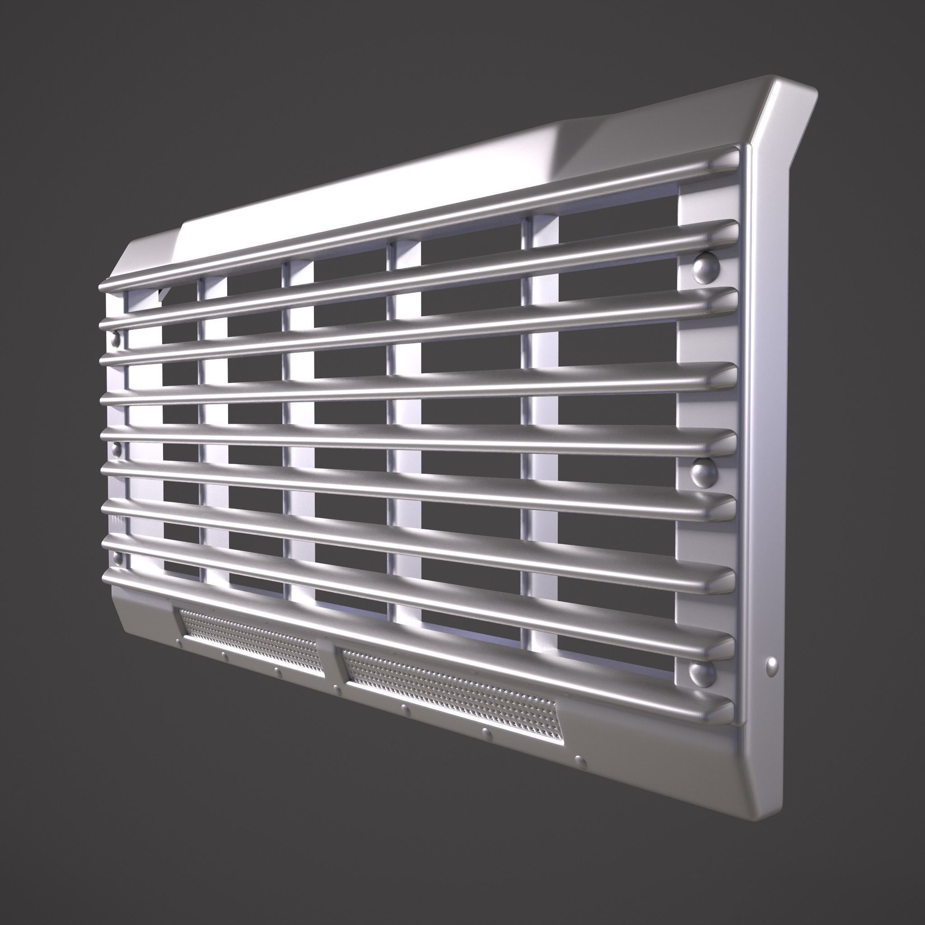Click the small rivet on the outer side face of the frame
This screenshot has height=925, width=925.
(x=772, y=665)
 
